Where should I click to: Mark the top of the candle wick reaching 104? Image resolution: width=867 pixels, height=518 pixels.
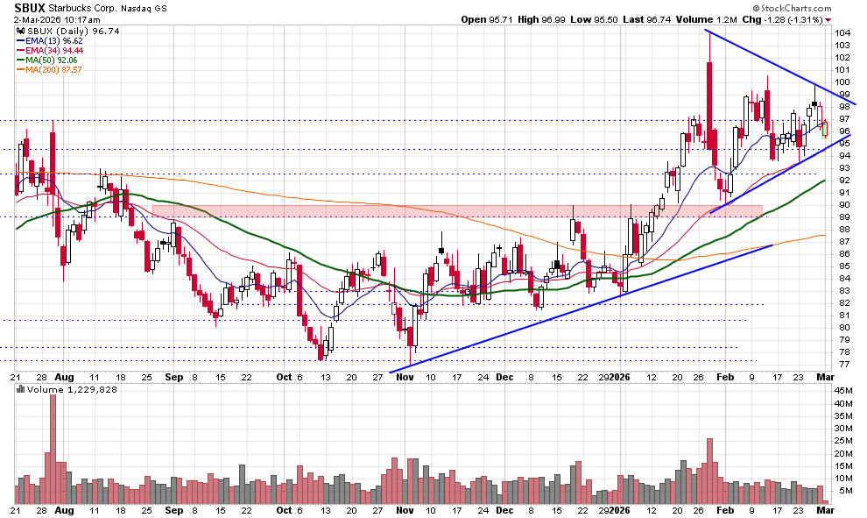pos(708,33)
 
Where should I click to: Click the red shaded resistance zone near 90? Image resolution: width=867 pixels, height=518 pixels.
pos(455,211)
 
